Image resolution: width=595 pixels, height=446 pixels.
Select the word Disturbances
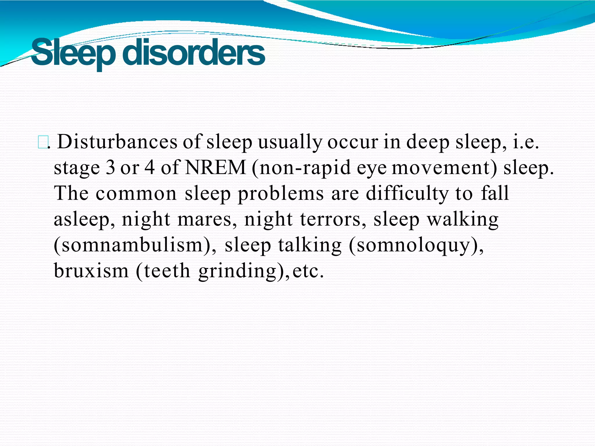pyautogui.click(x=117, y=142)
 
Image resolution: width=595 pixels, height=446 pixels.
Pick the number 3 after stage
pyautogui.click(x=110, y=168)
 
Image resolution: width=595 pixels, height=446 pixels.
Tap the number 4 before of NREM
pyautogui.click(x=150, y=168)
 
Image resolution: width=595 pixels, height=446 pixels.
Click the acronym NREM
pyautogui.click(x=215, y=168)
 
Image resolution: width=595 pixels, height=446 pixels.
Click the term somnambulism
pyautogui.click(x=132, y=245)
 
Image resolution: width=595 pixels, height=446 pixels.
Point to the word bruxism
pyautogui.click(x=91, y=271)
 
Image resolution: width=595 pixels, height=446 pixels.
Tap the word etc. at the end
pyautogui.click(x=308, y=271)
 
